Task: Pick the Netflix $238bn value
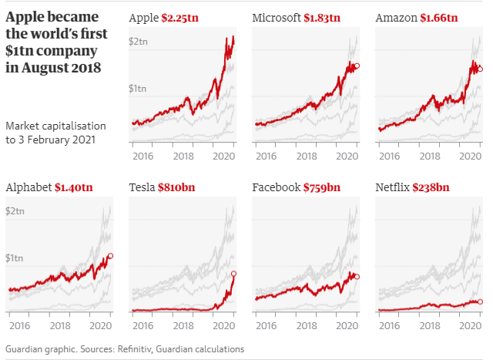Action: point(431,187)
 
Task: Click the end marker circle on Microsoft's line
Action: point(357,66)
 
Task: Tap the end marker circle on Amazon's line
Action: point(480,69)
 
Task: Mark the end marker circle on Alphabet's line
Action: point(110,256)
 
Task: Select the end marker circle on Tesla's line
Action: point(233,274)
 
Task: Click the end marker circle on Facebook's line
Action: point(357,276)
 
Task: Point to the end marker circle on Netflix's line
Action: point(480,301)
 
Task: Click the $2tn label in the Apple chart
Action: point(139,41)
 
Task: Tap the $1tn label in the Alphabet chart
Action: point(15,257)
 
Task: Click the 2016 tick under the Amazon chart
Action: point(390,156)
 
